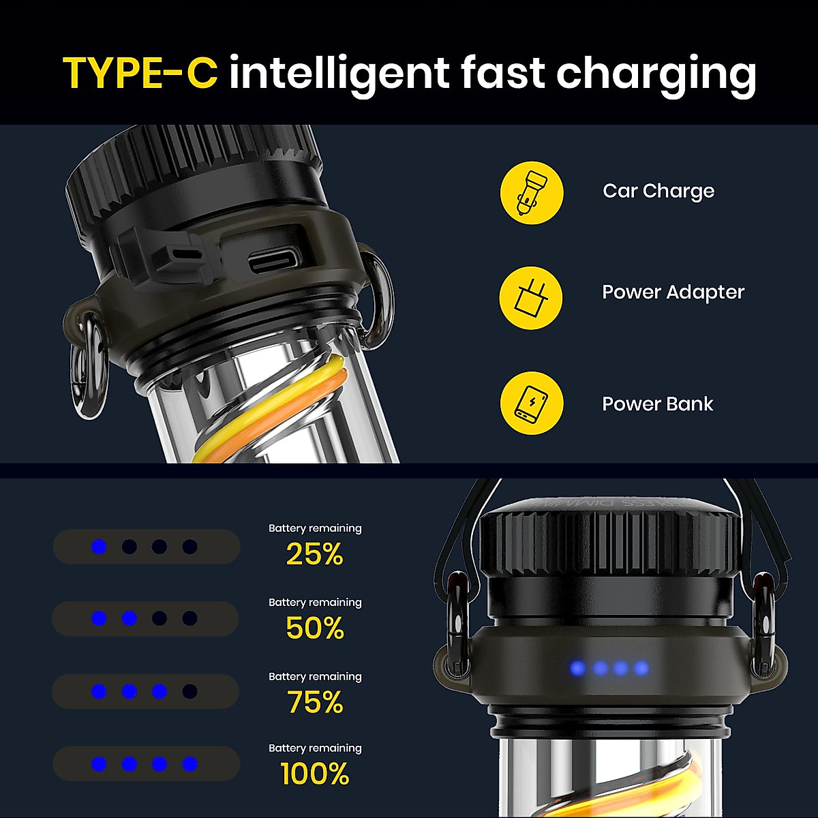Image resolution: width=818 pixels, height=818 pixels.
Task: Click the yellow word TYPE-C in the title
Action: tap(140, 73)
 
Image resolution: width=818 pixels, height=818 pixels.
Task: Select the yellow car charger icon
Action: tap(532, 193)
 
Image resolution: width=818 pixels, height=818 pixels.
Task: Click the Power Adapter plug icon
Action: tap(531, 298)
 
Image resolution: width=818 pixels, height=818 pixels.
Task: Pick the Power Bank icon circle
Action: tap(532, 403)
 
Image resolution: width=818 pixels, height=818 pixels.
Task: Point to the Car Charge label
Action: tap(658, 191)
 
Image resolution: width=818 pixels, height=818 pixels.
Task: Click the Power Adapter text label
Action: tap(673, 292)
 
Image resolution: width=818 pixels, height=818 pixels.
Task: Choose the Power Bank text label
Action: tap(657, 404)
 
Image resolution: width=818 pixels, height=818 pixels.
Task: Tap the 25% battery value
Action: tap(314, 555)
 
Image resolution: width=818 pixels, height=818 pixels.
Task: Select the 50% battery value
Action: tap(315, 628)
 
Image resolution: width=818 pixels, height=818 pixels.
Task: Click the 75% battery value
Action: tap(315, 702)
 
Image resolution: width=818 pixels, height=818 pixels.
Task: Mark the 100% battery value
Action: tap(315, 774)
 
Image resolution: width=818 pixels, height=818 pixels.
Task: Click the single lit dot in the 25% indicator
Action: tap(100, 547)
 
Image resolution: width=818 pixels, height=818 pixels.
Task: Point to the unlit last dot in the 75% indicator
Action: tap(190, 691)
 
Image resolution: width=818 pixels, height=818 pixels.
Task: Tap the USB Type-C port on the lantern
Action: tap(274, 260)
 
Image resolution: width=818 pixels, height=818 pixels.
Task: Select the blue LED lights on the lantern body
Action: tap(609, 668)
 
